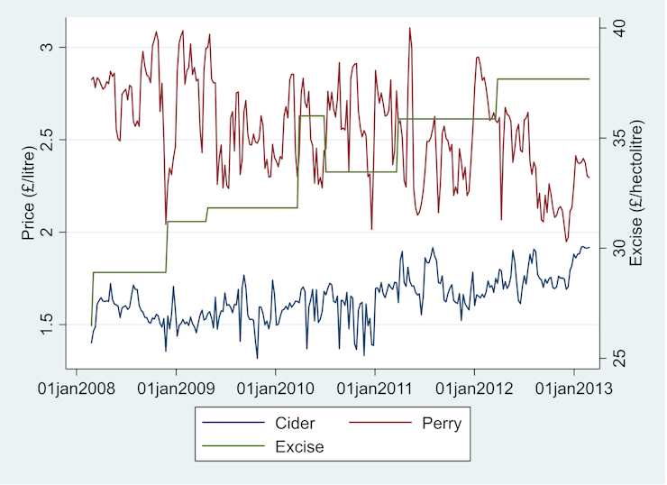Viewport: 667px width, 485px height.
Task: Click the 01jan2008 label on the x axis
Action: tap(76, 389)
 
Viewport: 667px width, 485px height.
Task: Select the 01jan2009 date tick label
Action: tap(176, 389)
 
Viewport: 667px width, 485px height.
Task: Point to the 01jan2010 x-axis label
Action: tap(275, 389)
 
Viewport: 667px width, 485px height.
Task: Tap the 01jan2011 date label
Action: tap(375, 389)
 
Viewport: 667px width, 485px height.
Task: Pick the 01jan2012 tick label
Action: tap(474, 389)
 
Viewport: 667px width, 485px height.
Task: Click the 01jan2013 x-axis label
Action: tap(574, 389)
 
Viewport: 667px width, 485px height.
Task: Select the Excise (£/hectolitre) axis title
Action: tap(636, 194)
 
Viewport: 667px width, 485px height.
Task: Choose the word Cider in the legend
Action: tap(295, 423)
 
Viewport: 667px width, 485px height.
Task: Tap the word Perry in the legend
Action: tap(442, 423)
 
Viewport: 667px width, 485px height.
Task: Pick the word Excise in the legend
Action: tap(299, 445)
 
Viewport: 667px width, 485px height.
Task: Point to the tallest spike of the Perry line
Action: tap(409, 28)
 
